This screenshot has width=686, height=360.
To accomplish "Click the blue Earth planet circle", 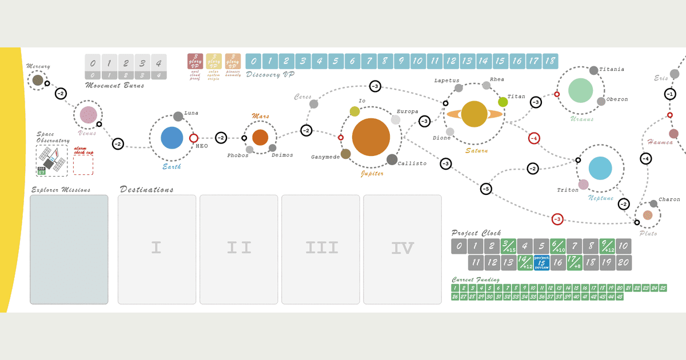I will pos(171,138).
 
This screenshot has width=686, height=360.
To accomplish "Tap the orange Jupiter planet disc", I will pos(371,137).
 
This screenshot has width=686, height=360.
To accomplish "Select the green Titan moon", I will pos(503,102).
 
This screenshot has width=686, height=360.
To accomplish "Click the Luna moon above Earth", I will pos(178,117).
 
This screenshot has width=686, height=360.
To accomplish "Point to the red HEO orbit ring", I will pos(194,138).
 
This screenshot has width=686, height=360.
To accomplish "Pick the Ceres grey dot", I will pos(314,104).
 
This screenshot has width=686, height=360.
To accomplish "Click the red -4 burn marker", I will pos(533,138).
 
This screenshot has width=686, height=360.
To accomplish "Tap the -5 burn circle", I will pos(485,188).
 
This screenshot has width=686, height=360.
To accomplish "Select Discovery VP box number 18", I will pos(551,61).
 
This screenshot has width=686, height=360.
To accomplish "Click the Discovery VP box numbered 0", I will pos(254,61).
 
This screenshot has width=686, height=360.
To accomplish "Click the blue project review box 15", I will pos(541,262).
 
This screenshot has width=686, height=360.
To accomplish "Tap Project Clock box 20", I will pos(624,262).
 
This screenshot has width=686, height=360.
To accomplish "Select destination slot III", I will pos(320,249).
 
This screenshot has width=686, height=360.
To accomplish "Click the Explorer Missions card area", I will pos(69,249).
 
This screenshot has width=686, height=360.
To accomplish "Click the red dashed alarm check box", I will pos(83,165).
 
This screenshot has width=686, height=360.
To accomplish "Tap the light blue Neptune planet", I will pos(600,168).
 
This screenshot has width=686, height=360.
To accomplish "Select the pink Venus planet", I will pos(88,115).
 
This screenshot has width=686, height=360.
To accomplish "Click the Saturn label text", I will pos(476,151).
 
